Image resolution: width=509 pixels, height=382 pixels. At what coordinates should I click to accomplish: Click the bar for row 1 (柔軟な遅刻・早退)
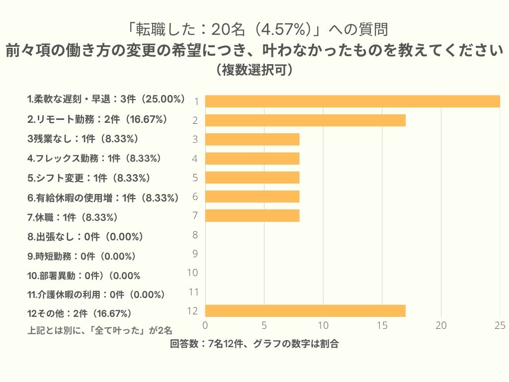tap(352, 101)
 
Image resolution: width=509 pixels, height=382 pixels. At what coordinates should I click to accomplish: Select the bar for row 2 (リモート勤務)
tap(305, 120)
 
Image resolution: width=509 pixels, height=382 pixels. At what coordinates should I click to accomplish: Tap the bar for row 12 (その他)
tap(305, 311)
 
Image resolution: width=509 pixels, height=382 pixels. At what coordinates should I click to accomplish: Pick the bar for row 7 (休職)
tap(252, 215)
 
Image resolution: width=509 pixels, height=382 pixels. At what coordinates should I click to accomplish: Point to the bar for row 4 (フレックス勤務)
tap(252, 158)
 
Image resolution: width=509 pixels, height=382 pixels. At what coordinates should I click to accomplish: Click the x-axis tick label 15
tap(382, 325)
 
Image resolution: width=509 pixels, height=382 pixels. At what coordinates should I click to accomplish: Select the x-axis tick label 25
tap(500, 325)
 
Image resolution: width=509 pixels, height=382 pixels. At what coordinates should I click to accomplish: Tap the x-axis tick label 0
tap(205, 325)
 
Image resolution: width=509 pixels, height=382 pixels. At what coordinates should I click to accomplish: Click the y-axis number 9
tap(195, 254)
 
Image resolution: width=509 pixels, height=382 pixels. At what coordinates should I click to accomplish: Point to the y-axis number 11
tap(193, 292)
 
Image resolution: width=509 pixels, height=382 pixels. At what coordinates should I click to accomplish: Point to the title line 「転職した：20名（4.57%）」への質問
tap(254, 30)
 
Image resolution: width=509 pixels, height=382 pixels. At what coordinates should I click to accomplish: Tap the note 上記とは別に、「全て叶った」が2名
tap(100, 330)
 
